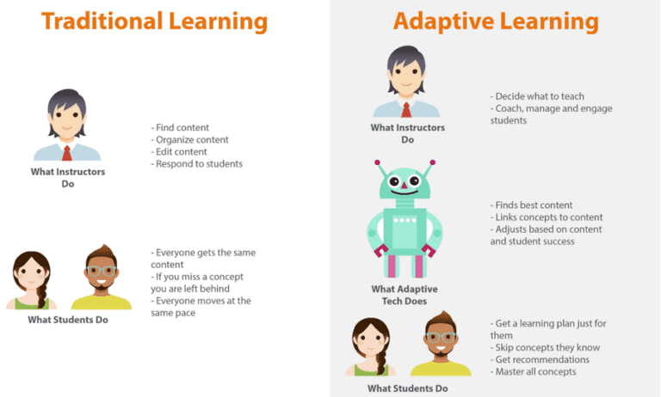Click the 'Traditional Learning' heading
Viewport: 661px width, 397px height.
[154, 20]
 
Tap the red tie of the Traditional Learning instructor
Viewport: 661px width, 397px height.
[66, 153]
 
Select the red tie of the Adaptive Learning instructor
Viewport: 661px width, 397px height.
[406, 109]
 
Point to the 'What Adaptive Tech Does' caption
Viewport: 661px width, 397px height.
[407, 294]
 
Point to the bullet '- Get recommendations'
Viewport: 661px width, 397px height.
[541, 359]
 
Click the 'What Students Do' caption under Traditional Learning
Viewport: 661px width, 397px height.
[69, 321]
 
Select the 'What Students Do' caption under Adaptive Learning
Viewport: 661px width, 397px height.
[407, 388]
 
